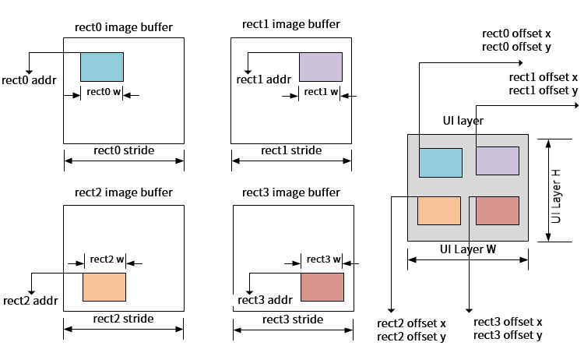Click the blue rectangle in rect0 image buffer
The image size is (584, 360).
click(x=102, y=66)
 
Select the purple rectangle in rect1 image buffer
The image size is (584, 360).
click(x=321, y=66)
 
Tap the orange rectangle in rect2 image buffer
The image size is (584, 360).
click(x=104, y=287)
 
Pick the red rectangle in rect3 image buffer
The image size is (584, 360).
click(x=322, y=287)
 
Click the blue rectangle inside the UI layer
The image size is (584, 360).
click(x=441, y=162)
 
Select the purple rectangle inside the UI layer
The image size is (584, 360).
click(x=498, y=161)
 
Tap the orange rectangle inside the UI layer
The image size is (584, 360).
click(x=439, y=210)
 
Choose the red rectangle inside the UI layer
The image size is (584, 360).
click(x=497, y=210)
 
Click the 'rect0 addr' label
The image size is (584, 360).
click(x=29, y=79)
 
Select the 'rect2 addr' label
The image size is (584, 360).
click(x=30, y=301)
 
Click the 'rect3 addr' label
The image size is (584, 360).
click(x=264, y=300)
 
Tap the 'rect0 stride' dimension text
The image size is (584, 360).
click(x=124, y=150)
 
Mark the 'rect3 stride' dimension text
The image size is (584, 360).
click(x=293, y=319)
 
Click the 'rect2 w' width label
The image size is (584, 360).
click(x=107, y=259)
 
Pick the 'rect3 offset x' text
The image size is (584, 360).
click(x=508, y=322)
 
